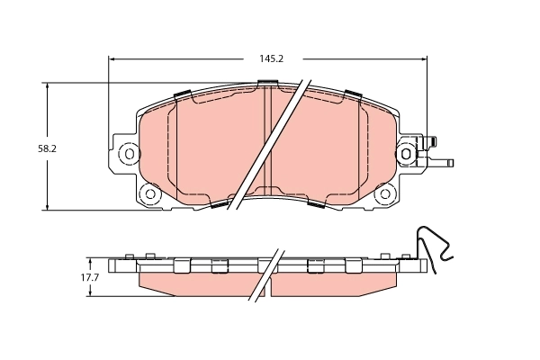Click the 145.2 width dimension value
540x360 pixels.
pyautogui.click(x=272, y=58)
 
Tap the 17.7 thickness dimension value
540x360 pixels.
pyautogui.click(x=89, y=278)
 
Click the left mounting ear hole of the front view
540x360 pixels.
pyautogui.click(x=129, y=154)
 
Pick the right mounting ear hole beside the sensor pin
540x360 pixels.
pyautogui.click(x=409, y=154)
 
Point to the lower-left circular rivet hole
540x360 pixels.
pyautogui.click(x=150, y=193)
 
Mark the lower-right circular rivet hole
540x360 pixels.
pyautogui.click(x=385, y=193)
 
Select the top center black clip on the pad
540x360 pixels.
pyautogui.click(x=267, y=84)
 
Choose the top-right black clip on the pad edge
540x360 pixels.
pyautogui.click(x=352, y=94)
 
